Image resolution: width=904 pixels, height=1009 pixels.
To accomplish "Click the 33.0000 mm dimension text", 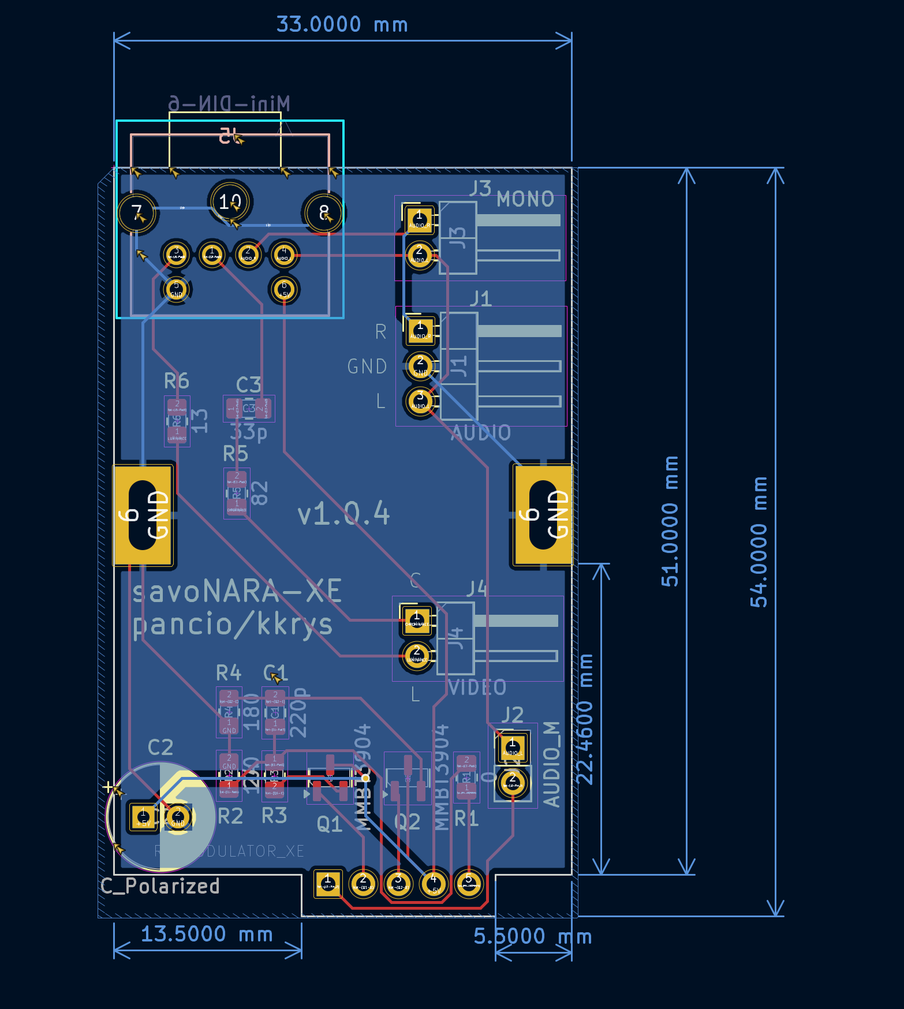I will click(342, 25).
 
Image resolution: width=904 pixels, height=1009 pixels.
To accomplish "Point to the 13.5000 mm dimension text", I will click(207, 934).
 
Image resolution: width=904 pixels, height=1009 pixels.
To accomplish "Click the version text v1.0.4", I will click(344, 513).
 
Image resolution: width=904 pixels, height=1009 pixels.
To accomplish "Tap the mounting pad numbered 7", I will click(137, 213).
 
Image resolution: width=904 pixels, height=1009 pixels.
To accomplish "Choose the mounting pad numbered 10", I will click(230, 201).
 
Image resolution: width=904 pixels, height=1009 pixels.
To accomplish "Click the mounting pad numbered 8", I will click(324, 213).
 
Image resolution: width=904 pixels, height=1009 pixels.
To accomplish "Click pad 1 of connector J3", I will click(420, 219).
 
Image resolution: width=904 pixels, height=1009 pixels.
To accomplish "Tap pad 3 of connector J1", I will click(420, 399).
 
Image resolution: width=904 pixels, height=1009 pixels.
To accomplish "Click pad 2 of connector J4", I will click(417, 655).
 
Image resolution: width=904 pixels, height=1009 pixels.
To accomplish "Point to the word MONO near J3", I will click(525, 199).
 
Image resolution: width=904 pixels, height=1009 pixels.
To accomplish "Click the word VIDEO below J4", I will click(477, 687).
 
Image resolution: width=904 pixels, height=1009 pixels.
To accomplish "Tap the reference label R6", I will click(177, 381).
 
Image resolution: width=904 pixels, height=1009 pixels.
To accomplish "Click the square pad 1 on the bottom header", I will click(328, 883).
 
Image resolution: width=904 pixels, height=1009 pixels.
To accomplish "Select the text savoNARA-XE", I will click(237, 592).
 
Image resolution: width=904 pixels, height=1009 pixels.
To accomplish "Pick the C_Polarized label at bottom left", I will click(160, 886).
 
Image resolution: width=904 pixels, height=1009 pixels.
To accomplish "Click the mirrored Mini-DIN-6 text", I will click(229, 104).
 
